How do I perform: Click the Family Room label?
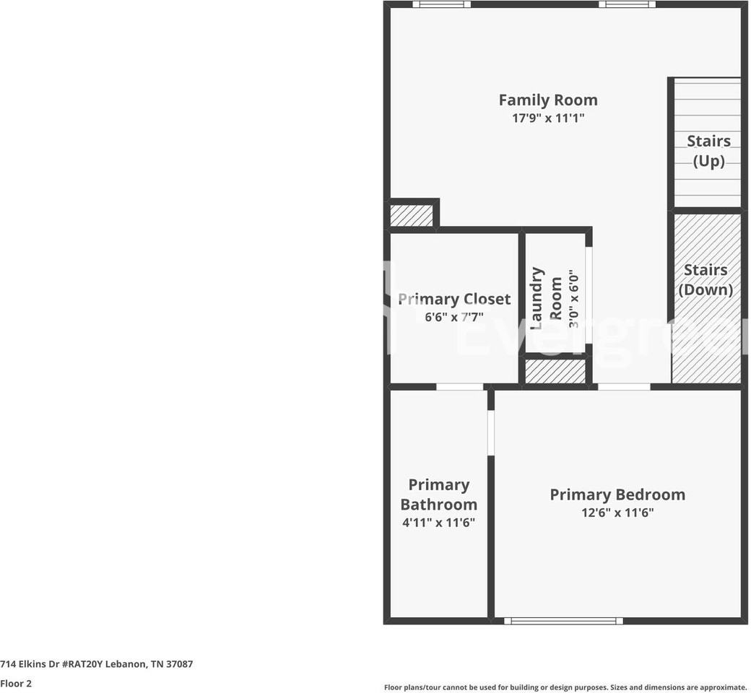click(547, 100)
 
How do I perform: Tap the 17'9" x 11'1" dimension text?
click(547, 118)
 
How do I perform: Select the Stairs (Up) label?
click(708, 150)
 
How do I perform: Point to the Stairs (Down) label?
click(706, 279)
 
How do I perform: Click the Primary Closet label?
click(454, 299)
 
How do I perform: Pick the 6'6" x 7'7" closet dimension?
click(454, 317)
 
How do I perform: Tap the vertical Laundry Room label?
click(546, 298)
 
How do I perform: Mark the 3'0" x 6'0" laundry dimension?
click(574, 299)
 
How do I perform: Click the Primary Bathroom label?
click(438, 494)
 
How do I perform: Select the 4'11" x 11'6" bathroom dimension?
click(438, 523)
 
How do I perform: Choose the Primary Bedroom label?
click(617, 494)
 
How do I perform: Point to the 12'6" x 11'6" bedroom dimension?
click(617, 513)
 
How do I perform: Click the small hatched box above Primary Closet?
click(411, 215)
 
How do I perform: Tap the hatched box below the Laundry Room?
click(555, 371)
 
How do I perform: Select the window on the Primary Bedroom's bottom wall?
click(563, 620)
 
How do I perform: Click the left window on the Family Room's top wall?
click(441, 4)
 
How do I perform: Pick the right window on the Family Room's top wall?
click(627, 4)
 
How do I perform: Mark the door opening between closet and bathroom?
click(460, 387)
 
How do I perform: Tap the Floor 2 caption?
click(16, 683)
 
